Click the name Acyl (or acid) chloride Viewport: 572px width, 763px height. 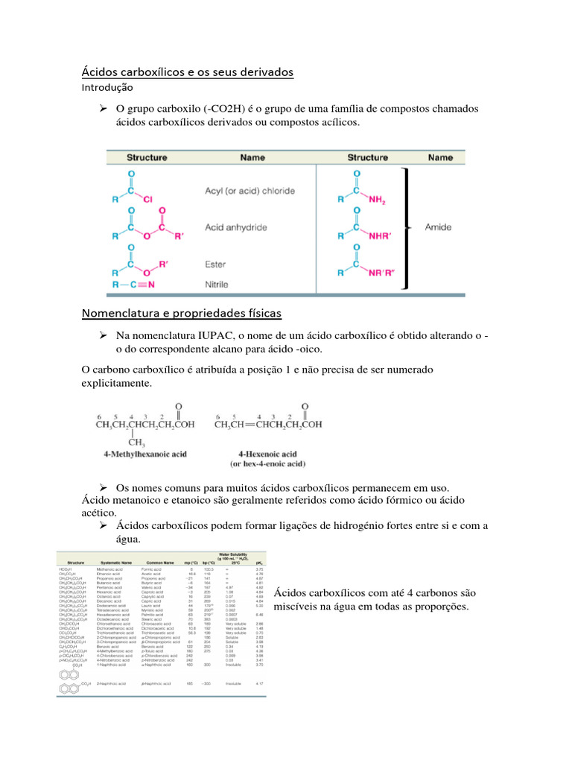[250, 191]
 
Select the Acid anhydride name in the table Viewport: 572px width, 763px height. [236, 227]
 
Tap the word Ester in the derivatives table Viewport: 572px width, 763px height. [215, 265]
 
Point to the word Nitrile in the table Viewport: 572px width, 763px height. [217, 284]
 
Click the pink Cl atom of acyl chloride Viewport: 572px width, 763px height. [147, 200]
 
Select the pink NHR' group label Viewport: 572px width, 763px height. [384, 236]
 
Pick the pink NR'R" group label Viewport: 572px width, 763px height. [387, 273]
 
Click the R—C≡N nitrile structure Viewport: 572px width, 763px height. [134, 284]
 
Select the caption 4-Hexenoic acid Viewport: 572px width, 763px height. [267, 453]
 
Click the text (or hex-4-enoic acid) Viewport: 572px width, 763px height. [267, 463]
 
